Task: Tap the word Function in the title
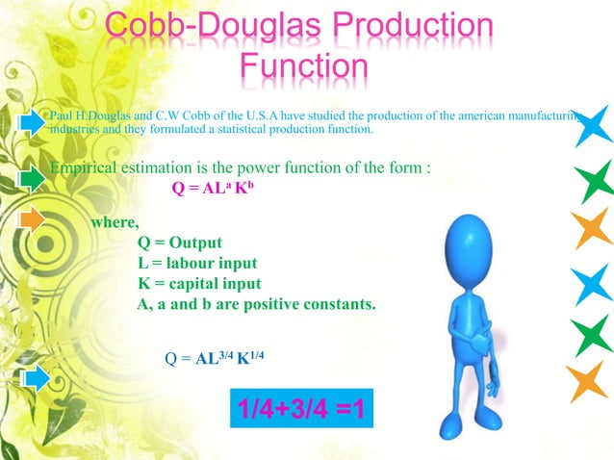tap(303, 67)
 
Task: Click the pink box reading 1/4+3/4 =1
tap(297, 412)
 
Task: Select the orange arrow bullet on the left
tap(33, 219)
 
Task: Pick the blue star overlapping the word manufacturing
tap(587, 120)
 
